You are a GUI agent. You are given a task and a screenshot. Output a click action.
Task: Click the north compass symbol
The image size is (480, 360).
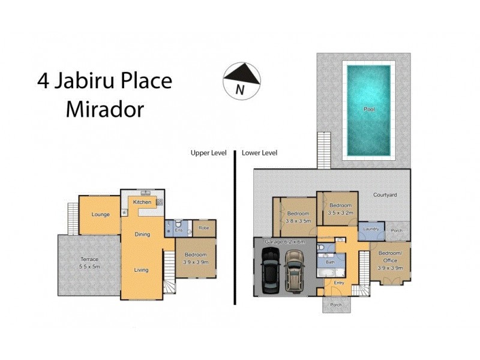pyautogui.click(x=241, y=79)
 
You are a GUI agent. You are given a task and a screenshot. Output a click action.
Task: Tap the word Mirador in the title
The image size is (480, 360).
pyautogui.click(x=105, y=109)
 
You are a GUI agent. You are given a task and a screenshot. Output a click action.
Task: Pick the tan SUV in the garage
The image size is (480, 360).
pyautogui.click(x=293, y=271)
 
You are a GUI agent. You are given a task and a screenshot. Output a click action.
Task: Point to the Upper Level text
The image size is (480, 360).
pyautogui.click(x=208, y=153)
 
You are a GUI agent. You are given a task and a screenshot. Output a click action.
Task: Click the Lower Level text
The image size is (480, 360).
pyautogui.click(x=259, y=153)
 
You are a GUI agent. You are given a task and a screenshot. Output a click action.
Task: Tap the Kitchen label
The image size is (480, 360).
pyautogui.click(x=142, y=202)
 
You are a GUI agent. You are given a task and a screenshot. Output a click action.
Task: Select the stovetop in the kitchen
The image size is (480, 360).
pyautogui.click(x=160, y=202)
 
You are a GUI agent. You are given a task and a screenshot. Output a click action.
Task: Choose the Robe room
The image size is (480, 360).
pyautogui.click(x=203, y=228)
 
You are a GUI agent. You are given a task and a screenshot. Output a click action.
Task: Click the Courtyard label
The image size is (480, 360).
pyautogui.click(x=385, y=195)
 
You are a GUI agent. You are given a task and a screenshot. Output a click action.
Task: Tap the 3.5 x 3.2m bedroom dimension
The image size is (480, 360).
pyautogui.click(x=341, y=212)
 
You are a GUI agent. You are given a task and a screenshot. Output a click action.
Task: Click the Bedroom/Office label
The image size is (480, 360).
pyautogui.click(x=390, y=262)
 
